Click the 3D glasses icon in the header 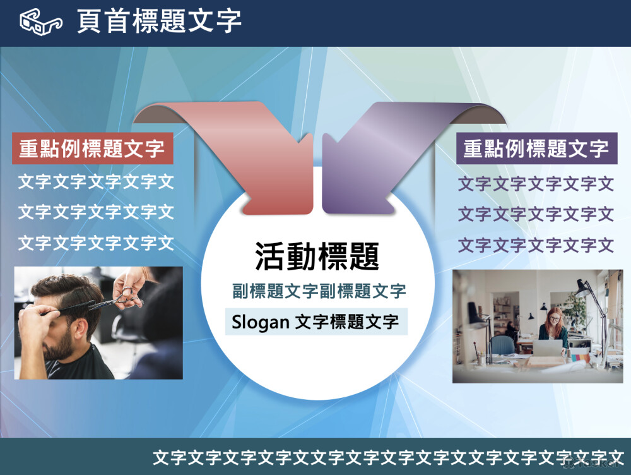pyautogui.click(x=41, y=21)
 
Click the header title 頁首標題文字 pyautogui.click(x=160, y=21)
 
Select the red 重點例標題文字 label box pyautogui.click(x=93, y=148)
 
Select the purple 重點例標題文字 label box pyautogui.click(x=537, y=148)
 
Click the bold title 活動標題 pyautogui.click(x=317, y=256)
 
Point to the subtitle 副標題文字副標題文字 pyautogui.click(x=319, y=291)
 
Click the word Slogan pyautogui.click(x=261, y=322)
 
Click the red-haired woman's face pyautogui.click(x=555, y=320)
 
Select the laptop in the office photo pyautogui.click(x=547, y=348)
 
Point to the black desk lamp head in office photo pyautogui.click(x=581, y=287)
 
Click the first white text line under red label pyautogui.click(x=96, y=182)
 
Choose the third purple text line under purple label pyautogui.click(x=536, y=245)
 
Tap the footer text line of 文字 pyautogui.click(x=388, y=458)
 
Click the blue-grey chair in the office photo pyautogui.click(x=503, y=347)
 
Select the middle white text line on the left pyautogui.click(x=96, y=212)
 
